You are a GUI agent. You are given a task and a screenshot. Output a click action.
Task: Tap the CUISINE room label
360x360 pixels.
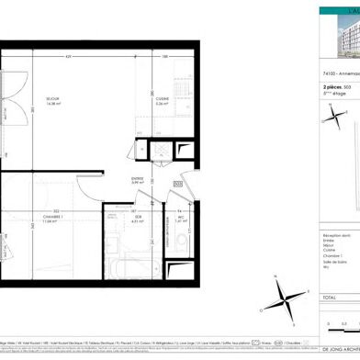tap(161, 102)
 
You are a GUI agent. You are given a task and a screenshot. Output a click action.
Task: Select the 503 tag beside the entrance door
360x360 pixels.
tap(177, 185)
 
